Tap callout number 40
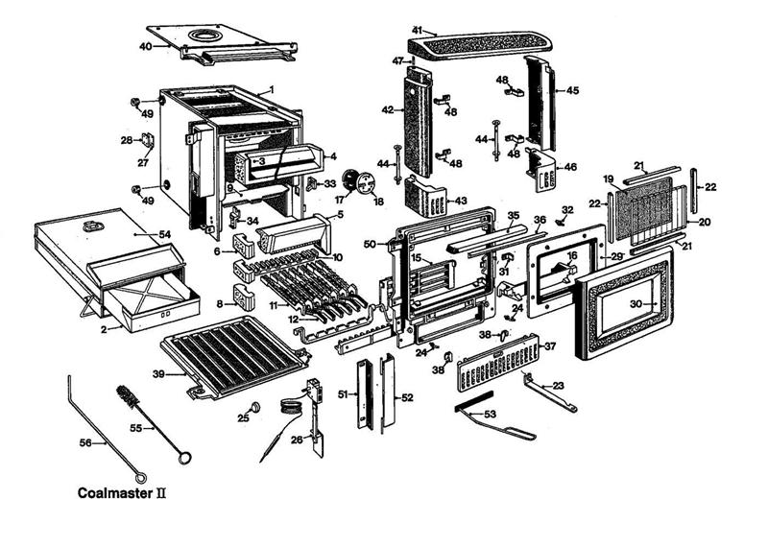146,46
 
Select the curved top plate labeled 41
480,42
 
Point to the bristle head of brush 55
126,396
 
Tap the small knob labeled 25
256,407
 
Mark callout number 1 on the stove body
272,89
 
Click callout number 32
566,209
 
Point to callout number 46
570,167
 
